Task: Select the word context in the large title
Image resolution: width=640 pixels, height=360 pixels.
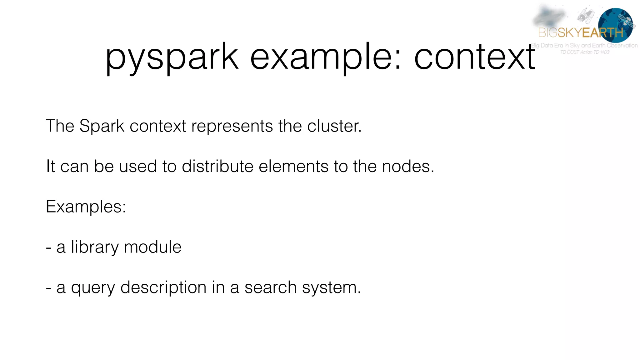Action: (474, 57)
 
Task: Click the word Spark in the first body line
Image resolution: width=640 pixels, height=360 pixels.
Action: (102, 126)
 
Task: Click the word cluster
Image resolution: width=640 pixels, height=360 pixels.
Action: (334, 126)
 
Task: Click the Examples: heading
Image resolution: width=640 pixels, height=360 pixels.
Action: (86, 207)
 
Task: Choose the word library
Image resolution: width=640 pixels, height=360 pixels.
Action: (95, 247)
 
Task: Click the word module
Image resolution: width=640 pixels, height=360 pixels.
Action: (152, 247)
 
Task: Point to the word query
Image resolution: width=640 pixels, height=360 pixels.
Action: (93, 288)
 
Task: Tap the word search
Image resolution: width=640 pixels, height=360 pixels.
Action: (270, 288)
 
